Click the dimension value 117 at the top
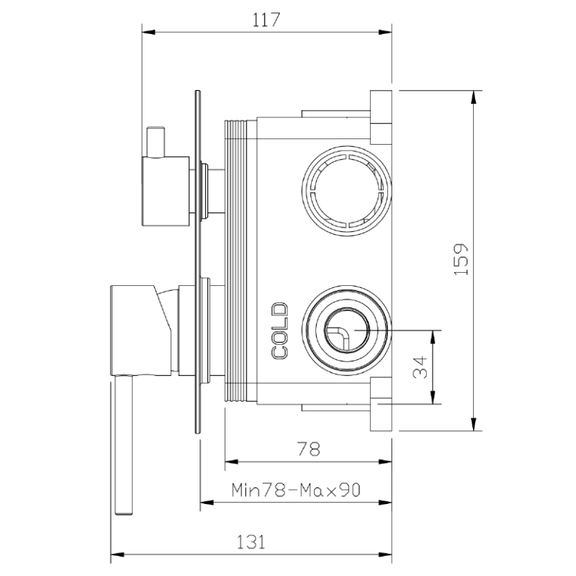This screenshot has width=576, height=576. [266, 20]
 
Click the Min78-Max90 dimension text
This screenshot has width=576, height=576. [296, 490]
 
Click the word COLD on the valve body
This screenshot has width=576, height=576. [280, 330]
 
